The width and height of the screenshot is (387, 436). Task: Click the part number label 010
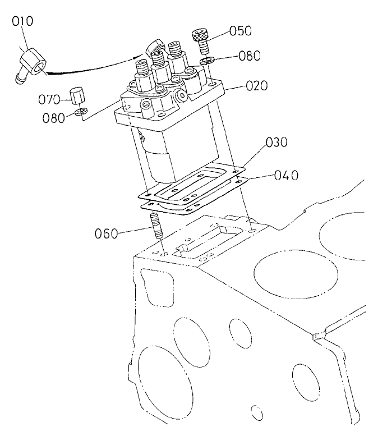point(23,22)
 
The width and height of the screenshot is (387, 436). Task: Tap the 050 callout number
point(240,30)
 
